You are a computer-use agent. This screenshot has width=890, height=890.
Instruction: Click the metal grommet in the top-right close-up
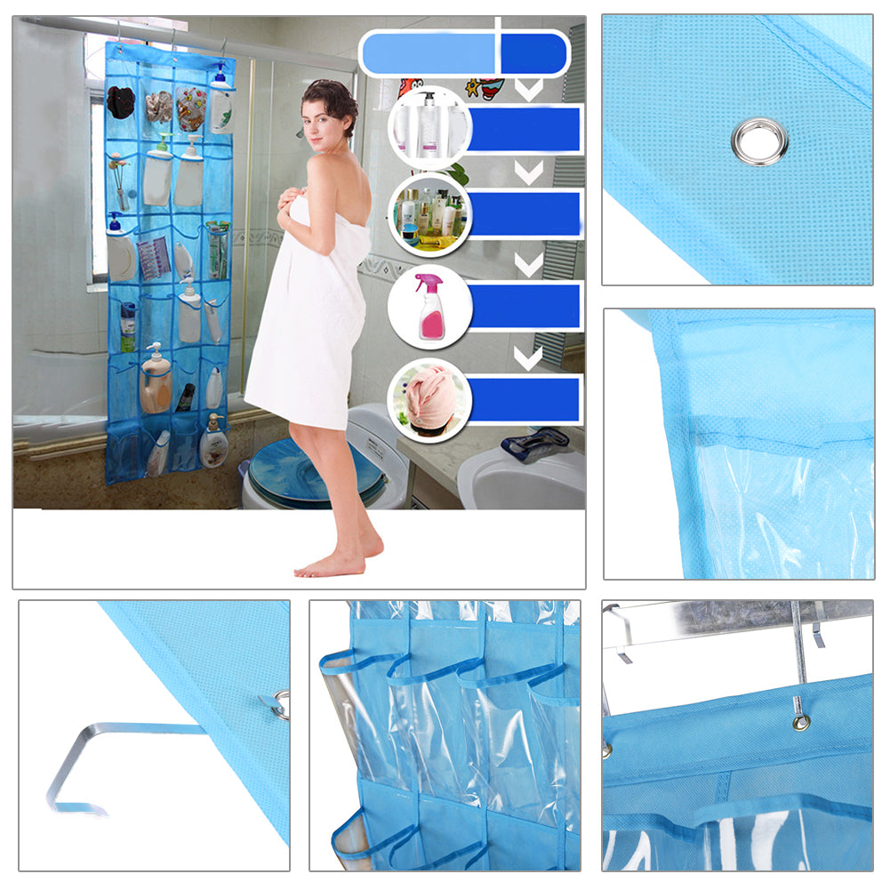[x=759, y=140]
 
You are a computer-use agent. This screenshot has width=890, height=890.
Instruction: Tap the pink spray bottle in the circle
[x=429, y=308]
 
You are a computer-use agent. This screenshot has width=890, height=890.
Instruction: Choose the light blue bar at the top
[x=429, y=53]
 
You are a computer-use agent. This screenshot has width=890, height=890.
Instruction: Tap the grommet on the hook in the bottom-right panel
[x=803, y=721]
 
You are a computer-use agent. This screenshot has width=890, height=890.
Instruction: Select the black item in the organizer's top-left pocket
[x=121, y=101]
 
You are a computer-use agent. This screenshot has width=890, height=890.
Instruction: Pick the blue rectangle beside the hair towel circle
[x=525, y=399]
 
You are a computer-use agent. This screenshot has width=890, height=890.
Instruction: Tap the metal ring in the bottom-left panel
[x=281, y=702]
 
